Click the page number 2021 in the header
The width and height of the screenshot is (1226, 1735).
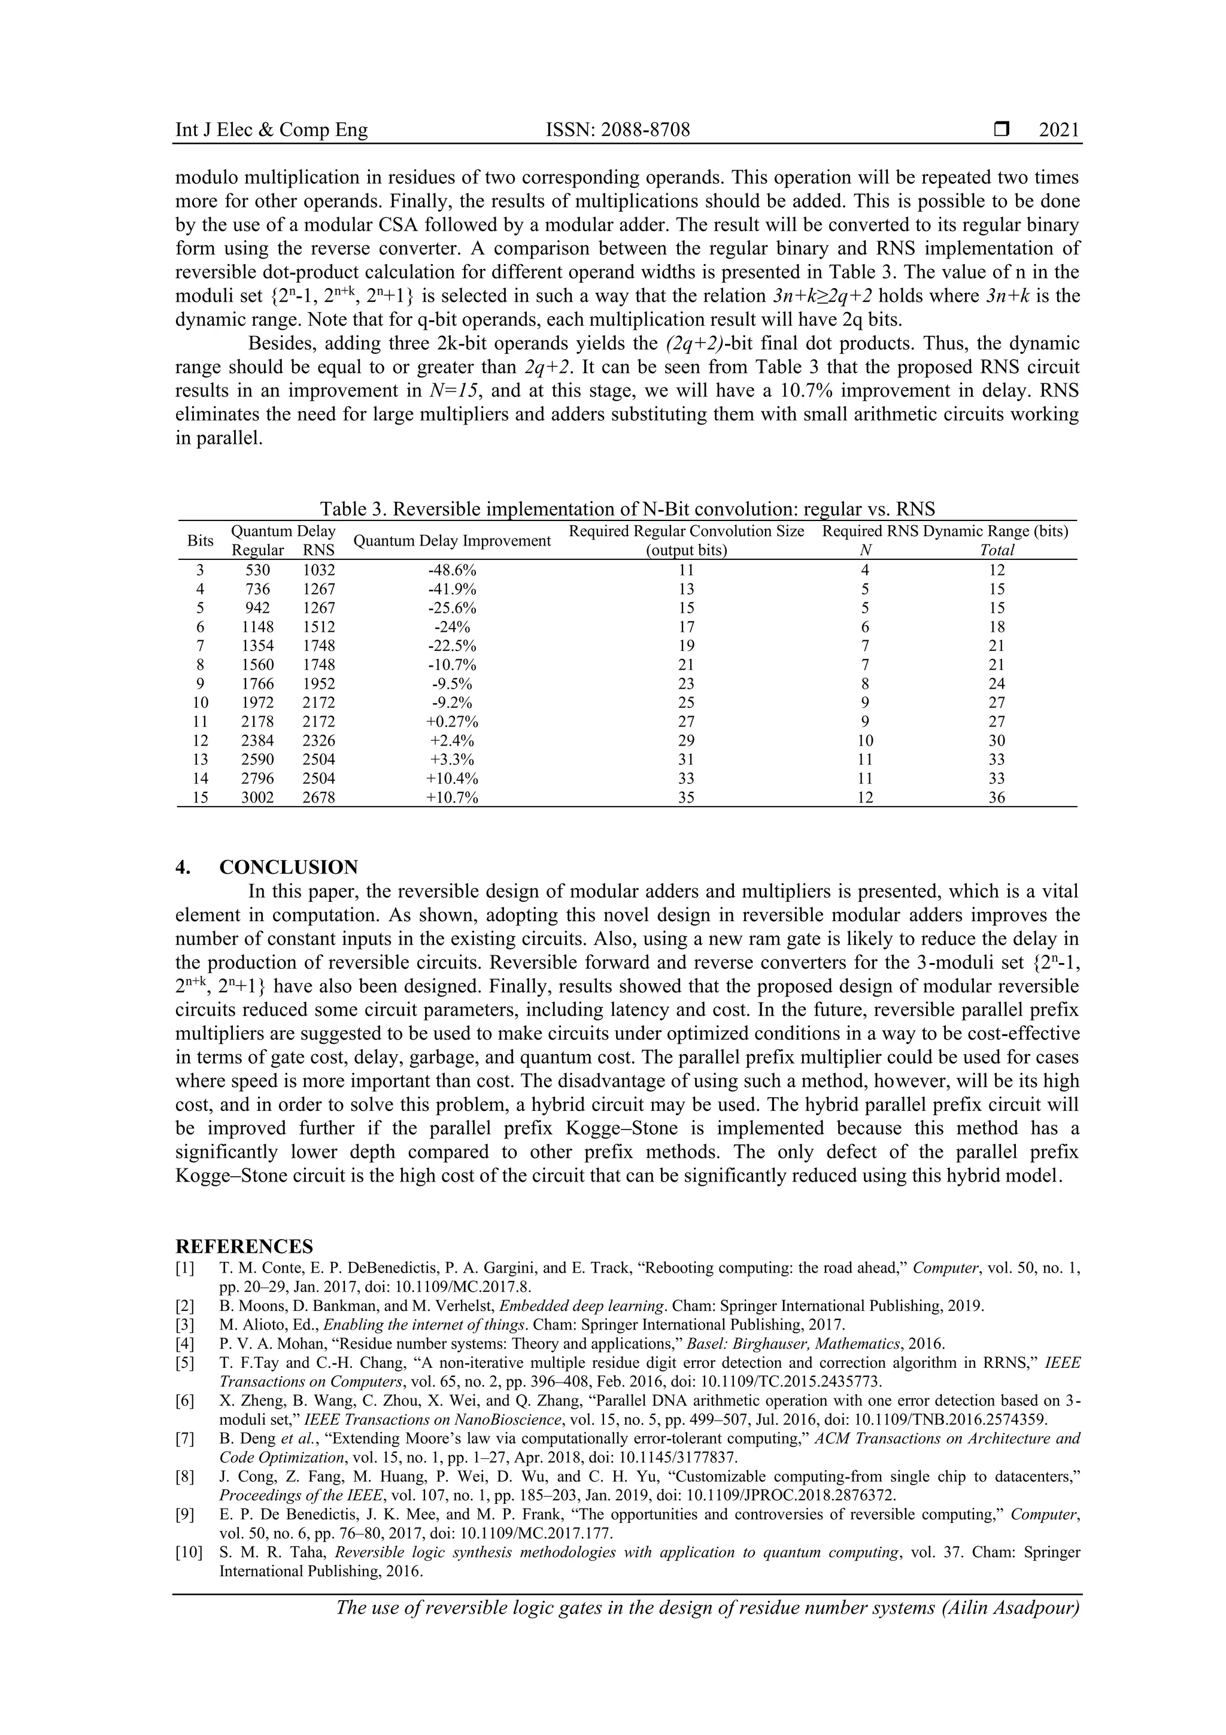[1059, 131]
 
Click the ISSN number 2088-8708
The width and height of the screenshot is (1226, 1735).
[617, 131]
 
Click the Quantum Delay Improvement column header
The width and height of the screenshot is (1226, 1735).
[452, 541]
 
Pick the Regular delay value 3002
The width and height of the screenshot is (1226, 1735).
[257, 798]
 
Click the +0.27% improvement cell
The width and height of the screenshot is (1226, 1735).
[452, 722]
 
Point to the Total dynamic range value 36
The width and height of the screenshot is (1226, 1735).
[996, 798]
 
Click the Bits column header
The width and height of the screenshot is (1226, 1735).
[200, 541]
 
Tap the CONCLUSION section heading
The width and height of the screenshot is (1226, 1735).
[289, 867]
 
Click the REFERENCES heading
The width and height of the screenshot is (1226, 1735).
[244, 1246]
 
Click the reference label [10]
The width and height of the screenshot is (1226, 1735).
[189, 1553]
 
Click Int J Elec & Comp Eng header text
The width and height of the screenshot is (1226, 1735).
[271, 131]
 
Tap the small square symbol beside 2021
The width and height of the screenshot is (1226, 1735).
[1002, 130]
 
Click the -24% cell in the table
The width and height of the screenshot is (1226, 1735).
[452, 627]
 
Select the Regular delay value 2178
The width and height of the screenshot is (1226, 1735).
[257, 722]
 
